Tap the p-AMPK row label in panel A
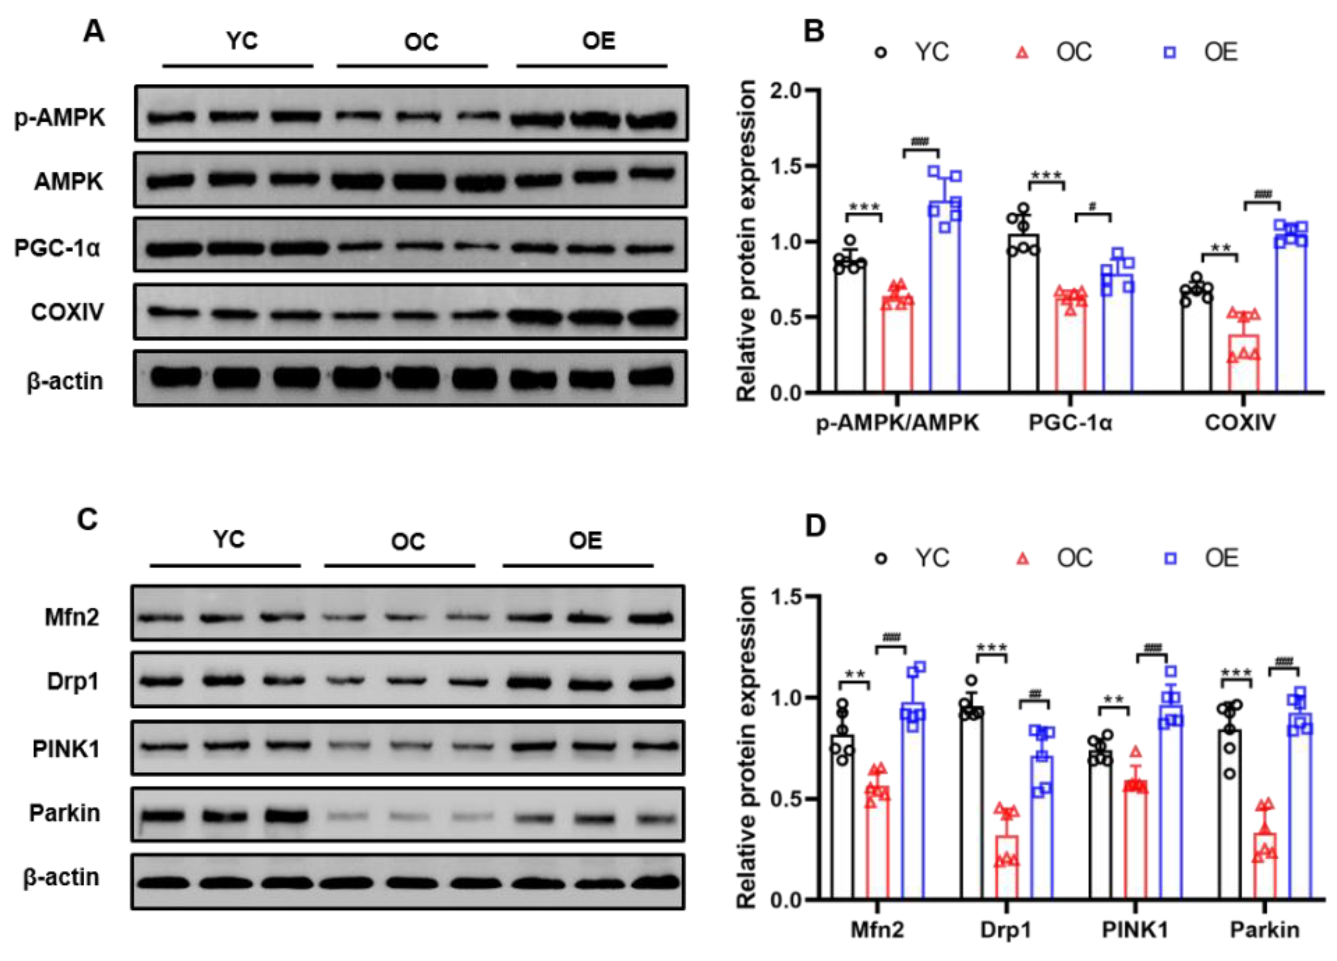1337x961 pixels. point(59,118)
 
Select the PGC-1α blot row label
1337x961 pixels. point(57,248)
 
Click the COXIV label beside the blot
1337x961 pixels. point(67,312)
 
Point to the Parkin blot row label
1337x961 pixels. point(65,813)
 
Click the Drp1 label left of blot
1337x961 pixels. point(73,682)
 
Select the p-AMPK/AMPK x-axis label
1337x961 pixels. point(897,422)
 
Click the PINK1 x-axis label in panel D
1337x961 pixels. point(1135,930)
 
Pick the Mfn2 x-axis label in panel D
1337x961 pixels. point(877,930)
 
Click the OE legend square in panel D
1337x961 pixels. point(1170,558)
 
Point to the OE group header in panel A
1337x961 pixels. point(598,41)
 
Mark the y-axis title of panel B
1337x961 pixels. point(746,242)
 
